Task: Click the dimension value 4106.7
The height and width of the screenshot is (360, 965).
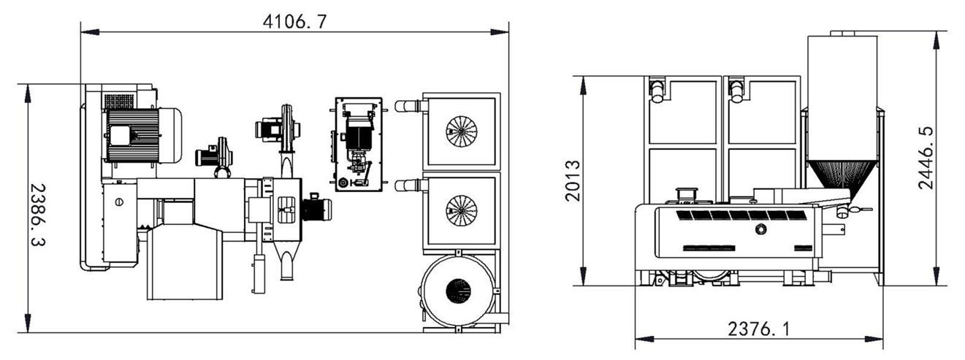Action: (294, 21)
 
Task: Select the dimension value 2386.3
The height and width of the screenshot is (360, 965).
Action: (38, 215)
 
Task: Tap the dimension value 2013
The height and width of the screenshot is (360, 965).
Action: (573, 181)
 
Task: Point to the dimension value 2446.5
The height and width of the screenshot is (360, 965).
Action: (926, 158)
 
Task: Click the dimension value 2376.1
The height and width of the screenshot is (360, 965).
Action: (760, 329)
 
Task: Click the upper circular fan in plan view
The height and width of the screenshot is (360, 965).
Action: (462, 131)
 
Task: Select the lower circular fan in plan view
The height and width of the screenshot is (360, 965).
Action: (462, 210)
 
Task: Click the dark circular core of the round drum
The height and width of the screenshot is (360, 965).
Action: (458, 291)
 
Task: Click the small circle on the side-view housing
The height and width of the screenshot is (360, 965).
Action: (760, 229)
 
